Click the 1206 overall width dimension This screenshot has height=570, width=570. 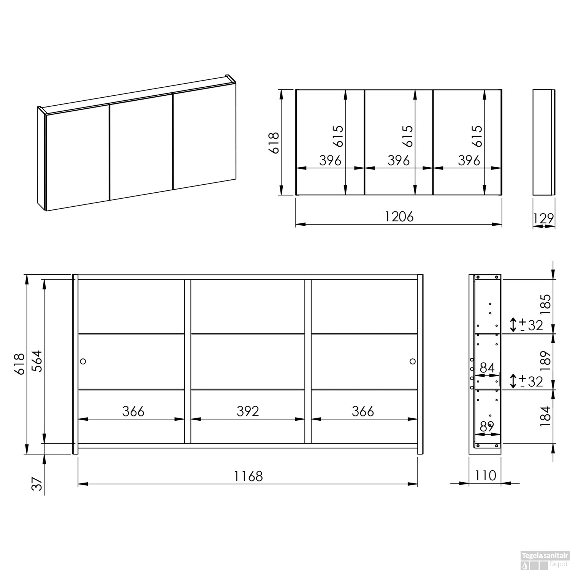pyautogui.click(x=399, y=217)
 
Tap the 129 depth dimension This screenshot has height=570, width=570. pyautogui.click(x=544, y=218)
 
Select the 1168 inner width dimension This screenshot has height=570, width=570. pyautogui.click(x=248, y=476)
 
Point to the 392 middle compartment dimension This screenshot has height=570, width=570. pyautogui.click(x=248, y=411)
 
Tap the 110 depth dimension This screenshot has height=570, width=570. pyautogui.click(x=485, y=475)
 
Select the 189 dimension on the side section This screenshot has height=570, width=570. pyautogui.click(x=545, y=361)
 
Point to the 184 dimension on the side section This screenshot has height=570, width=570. pyautogui.click(x=545, y=416)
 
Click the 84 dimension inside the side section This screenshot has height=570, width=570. pyautogui.click(x=487, y=368)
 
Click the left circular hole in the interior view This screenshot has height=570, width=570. pyautogui.click(x=83, y=361)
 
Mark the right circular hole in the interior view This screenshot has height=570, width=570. pyautogui.click(x=413, y=361)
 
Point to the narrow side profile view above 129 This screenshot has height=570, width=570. pyautogui.click(x=544, y=142)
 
